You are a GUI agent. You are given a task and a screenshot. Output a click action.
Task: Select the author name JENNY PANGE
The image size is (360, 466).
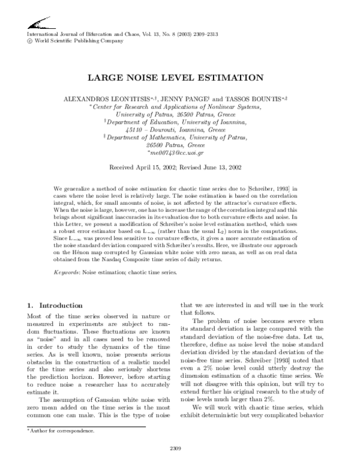(185, 98)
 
